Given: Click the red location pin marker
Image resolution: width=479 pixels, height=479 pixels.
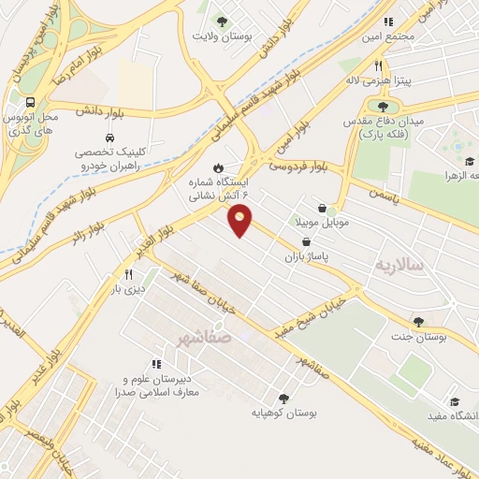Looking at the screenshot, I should [241, 222].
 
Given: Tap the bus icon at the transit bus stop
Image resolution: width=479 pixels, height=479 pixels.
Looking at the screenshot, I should [32, 103].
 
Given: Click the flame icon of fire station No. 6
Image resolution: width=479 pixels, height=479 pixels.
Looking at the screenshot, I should [218, 167].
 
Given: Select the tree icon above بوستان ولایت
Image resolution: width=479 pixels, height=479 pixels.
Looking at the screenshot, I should [222, 21].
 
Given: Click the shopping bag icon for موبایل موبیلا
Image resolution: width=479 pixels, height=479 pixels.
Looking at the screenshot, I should [322, 209].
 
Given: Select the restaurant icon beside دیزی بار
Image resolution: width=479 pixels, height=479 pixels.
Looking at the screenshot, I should [129, 275].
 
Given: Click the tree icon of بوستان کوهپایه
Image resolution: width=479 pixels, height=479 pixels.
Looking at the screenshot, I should [283, 398].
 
